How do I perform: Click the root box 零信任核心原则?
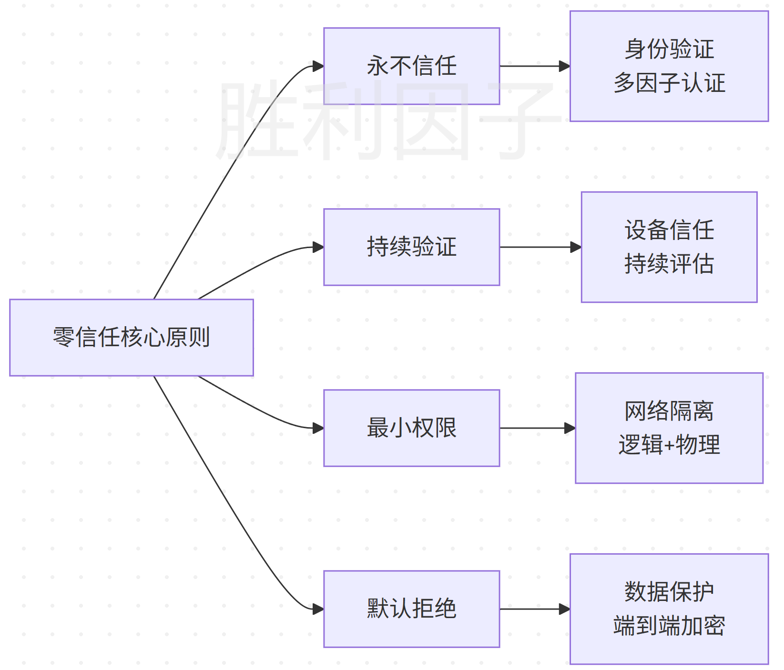(x=132, y=338)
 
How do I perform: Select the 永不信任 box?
(x=412, y=66)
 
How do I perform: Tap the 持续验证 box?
(x=412, y=247)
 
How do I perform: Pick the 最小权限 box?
(x=412, y=428)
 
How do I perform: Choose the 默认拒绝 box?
(x=412, y=609)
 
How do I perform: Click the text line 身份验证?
(x=669, y=49)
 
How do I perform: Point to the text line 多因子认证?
(x=669, y=83)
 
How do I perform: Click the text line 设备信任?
(x=669, y=230)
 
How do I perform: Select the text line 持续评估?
(x=669, y=264)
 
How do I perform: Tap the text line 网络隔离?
(x=669, y=411)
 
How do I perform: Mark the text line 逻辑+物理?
(x=669, y=445)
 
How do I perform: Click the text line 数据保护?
(x=669, y=592)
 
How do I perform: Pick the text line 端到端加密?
(x=669, y=626)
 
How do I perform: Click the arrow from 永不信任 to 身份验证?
(x=535, y=66)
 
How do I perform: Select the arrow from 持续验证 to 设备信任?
(x=540, y=247)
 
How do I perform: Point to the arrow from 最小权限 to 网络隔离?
(x=538, y=428)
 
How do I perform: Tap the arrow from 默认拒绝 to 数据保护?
(x=535, y=609)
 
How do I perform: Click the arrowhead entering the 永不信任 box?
(x=318, y=66)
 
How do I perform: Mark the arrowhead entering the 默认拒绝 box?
(x=318, y=609)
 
